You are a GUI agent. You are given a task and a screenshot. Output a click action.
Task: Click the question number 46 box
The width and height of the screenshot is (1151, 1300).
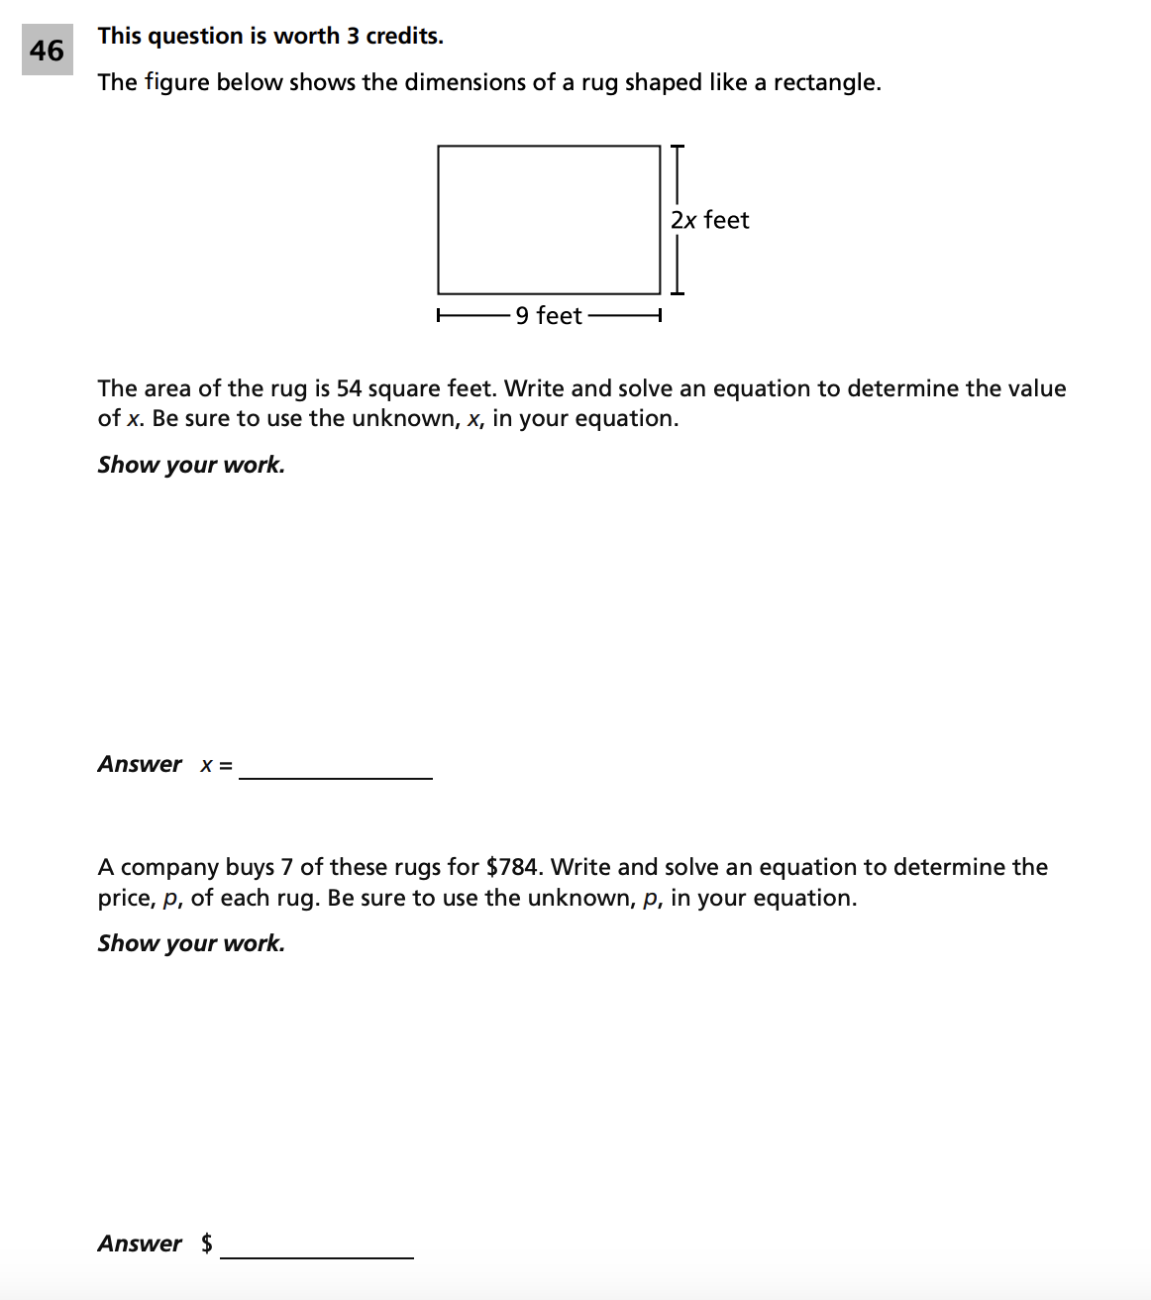pos(47,51)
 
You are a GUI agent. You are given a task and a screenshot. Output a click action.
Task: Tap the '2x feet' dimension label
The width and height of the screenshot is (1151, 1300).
pos(709,220)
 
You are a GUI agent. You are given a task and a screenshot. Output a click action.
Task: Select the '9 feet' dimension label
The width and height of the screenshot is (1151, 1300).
pos(548,316)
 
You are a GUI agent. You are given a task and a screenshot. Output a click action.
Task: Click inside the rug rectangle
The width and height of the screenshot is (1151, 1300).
pos(548,220)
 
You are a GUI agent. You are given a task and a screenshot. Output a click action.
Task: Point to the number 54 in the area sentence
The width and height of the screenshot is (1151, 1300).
pos(350,388)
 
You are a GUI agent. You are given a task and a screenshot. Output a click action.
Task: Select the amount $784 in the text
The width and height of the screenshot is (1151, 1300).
pos(513,867)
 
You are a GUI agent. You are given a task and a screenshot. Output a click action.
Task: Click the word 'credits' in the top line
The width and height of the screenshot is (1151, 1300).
pos(403,36)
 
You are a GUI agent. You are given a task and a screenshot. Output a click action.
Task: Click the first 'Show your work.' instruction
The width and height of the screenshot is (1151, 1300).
pos(191,465)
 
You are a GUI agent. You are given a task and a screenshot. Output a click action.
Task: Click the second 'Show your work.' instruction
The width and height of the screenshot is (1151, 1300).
pos(191,943)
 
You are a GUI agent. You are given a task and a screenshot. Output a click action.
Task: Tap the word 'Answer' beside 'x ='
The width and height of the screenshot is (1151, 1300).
pos(140,764)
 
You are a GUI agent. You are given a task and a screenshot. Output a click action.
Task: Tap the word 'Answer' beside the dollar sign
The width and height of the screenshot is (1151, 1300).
pos(140,1244)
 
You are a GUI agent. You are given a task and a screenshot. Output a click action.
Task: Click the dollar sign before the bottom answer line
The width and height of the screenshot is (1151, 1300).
pos(206,1244)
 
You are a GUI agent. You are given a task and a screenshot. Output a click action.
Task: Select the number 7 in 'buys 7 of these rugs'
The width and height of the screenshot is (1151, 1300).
pos(286,867)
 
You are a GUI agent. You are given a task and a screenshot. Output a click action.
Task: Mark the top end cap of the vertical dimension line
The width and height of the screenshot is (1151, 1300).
pos(678,147)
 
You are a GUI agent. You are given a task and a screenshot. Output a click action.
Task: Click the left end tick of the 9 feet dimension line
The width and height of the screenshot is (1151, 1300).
pos(439,317)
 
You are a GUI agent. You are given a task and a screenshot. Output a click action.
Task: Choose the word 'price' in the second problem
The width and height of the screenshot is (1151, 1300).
pos(124,899)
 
